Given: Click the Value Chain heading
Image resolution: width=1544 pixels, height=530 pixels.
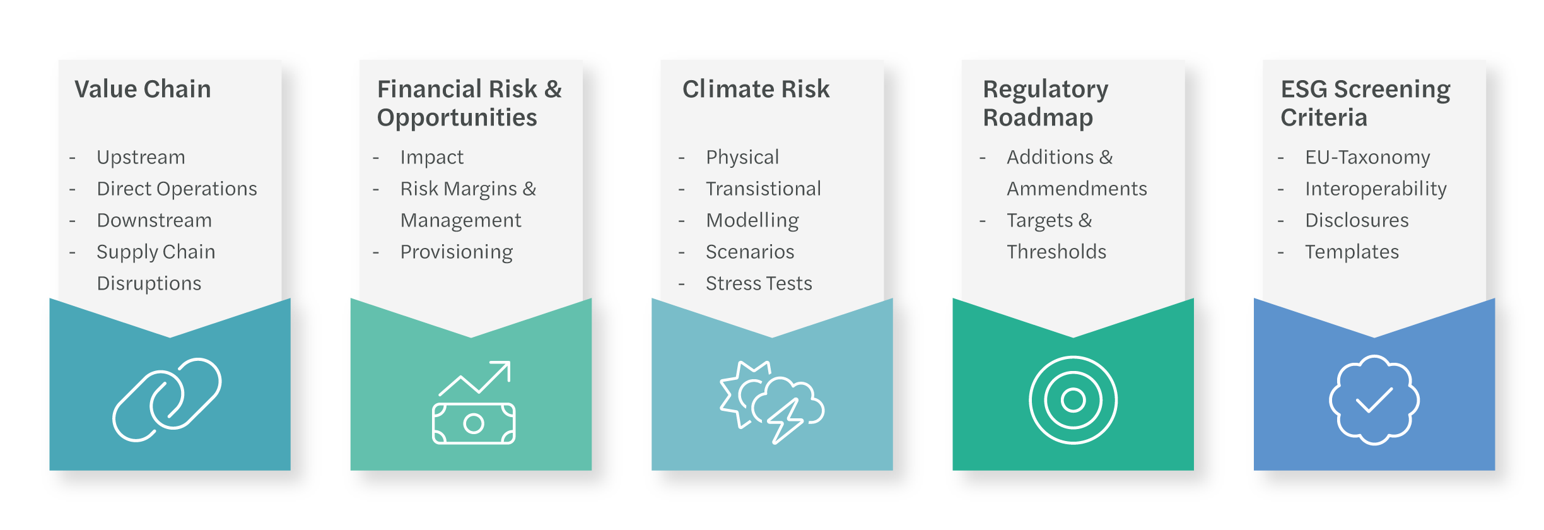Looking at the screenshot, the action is pos(143,89).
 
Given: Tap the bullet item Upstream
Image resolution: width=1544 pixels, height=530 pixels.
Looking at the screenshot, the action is pos(141,156).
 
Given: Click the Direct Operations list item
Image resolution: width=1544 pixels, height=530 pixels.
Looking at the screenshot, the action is pos(177,188).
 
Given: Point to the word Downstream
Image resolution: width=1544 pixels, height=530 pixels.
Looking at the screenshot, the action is pos(154,220).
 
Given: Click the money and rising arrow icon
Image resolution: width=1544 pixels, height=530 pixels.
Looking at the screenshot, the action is pos(474,403).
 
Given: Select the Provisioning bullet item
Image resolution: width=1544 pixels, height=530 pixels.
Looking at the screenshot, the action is pos(457,252).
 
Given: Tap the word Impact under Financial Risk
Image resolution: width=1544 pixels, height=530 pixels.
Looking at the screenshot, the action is pos(431,157).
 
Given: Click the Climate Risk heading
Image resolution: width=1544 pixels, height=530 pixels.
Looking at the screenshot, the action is pos(756,89).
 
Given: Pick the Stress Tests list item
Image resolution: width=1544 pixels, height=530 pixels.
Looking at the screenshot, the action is pos(759,283).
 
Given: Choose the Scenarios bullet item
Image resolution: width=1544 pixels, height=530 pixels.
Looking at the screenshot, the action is pos(750,252).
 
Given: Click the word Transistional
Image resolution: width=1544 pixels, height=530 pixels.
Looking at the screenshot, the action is pos(763,188).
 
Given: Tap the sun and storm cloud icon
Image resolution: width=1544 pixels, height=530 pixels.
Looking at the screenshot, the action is pos(772,403).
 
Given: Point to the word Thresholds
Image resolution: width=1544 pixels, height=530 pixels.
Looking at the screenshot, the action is pos(1056,252).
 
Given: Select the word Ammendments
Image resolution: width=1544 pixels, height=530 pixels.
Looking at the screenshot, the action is pos(1077,188).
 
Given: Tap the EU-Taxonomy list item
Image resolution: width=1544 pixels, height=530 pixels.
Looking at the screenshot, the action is pos(1367,157).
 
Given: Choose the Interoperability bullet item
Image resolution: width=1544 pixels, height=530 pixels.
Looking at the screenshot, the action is pos(1376,189).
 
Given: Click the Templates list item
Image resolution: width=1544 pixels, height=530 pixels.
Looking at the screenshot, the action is pos(1352,252).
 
